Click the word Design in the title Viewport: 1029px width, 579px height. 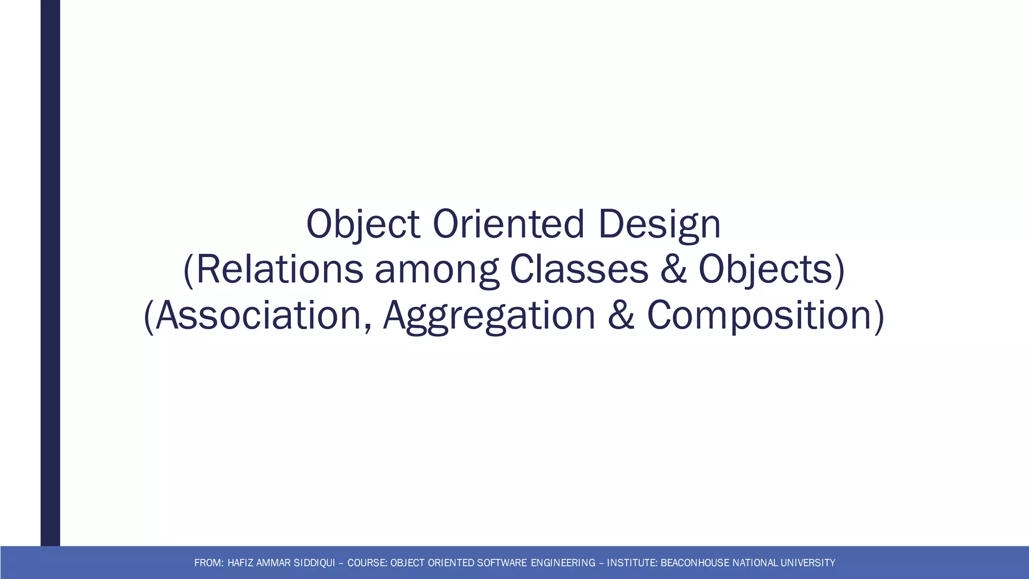(659, 225)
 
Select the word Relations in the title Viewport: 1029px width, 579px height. (279, 270)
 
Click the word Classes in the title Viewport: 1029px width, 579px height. (579, 270)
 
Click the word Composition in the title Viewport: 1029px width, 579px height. (759, 315)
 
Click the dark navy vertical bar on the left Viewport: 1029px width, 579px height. (50, 271)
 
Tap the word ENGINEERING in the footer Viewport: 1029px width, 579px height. (563, 563)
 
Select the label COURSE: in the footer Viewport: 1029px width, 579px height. (367, 563)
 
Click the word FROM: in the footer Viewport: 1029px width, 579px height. (209, 563)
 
